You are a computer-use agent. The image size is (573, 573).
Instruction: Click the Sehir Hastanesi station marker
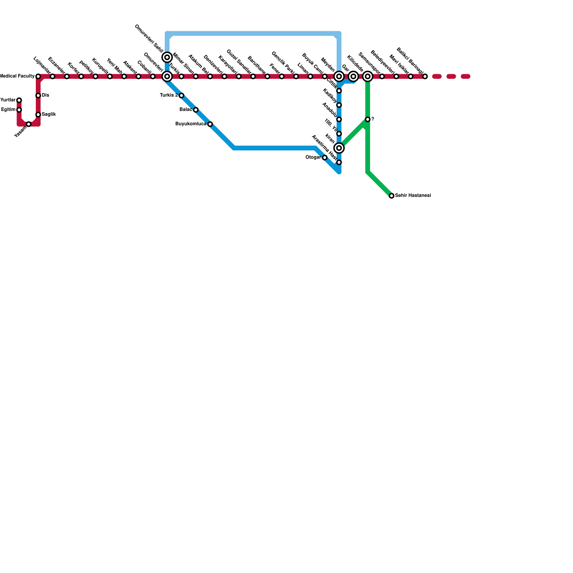391,196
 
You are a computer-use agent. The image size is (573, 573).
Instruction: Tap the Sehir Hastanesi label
413,196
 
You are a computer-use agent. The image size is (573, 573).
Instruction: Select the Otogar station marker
324,158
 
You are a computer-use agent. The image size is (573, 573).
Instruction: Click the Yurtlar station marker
19,100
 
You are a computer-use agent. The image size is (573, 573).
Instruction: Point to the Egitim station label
8,110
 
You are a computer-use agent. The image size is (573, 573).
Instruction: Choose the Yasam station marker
29,124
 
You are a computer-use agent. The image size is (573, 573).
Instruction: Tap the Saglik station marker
38,115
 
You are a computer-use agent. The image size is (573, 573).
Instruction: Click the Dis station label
45,95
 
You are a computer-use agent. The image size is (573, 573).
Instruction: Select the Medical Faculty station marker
38,76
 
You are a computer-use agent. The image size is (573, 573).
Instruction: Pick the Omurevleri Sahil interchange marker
167,57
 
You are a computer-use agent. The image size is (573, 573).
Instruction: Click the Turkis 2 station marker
181,95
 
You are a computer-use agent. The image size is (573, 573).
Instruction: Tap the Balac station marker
196,110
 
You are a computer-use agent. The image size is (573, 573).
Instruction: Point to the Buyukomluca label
191,124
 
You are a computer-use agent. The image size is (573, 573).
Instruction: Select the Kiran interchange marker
339,148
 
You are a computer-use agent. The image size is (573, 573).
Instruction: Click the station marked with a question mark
367,119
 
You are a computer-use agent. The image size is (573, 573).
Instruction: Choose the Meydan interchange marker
339,76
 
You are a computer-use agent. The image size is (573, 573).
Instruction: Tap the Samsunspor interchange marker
367,76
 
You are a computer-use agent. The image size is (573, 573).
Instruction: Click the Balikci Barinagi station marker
425,76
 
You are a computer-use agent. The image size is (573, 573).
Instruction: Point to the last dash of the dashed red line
465,76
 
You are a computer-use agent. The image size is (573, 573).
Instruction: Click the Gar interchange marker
353,76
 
